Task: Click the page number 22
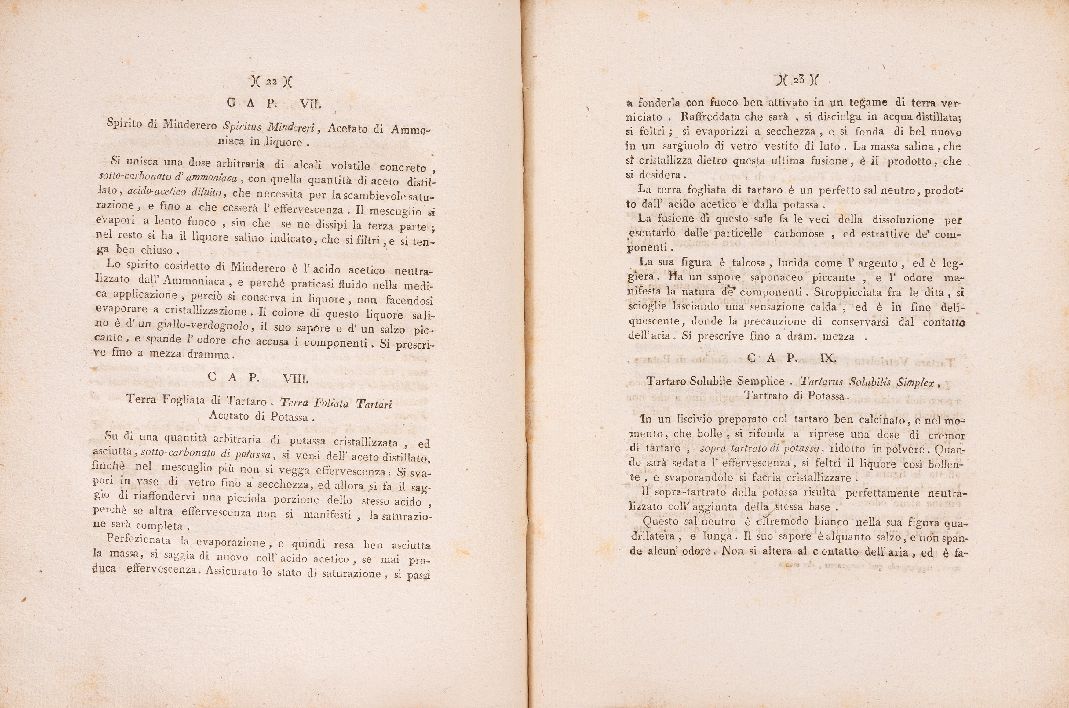pos(271,82)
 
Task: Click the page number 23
pos(798,80)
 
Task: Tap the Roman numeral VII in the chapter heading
pos(311,104)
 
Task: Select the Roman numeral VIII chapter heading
pos(295,379)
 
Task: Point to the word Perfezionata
pos(138,539)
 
